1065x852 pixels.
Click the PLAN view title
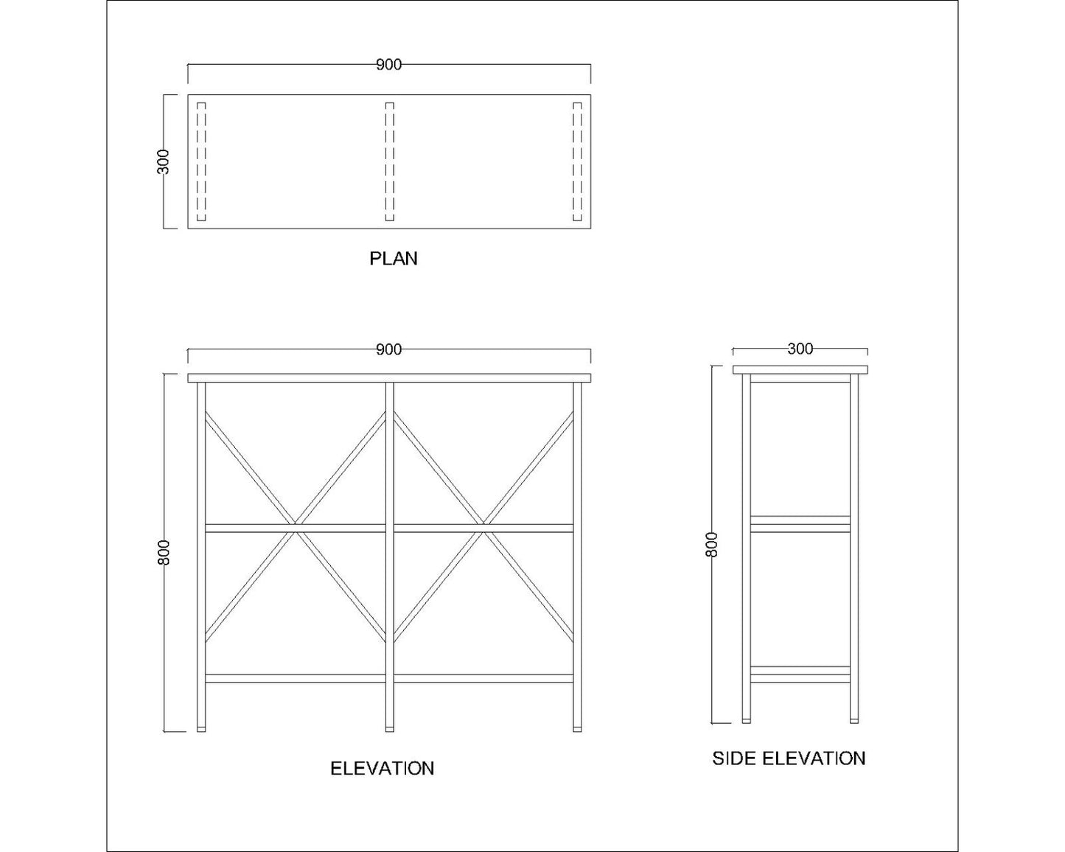394,259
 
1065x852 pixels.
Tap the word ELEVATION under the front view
382,768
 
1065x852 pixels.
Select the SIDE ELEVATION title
789,758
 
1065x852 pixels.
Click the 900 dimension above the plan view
389,65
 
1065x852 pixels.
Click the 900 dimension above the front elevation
389,349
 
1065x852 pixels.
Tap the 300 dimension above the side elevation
800,349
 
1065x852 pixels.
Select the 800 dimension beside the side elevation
711,545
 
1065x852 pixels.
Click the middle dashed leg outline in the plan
389,161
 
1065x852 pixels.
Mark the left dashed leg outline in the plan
201,161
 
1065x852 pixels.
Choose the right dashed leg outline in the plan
577,161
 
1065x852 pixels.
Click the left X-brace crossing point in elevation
296,528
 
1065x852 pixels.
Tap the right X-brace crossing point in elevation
483,528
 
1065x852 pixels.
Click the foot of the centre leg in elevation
389,729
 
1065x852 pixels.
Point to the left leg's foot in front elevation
201,729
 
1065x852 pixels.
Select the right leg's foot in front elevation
577,729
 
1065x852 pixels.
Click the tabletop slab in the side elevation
800,370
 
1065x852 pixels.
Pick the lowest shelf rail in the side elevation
800,675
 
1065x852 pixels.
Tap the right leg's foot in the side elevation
854,721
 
